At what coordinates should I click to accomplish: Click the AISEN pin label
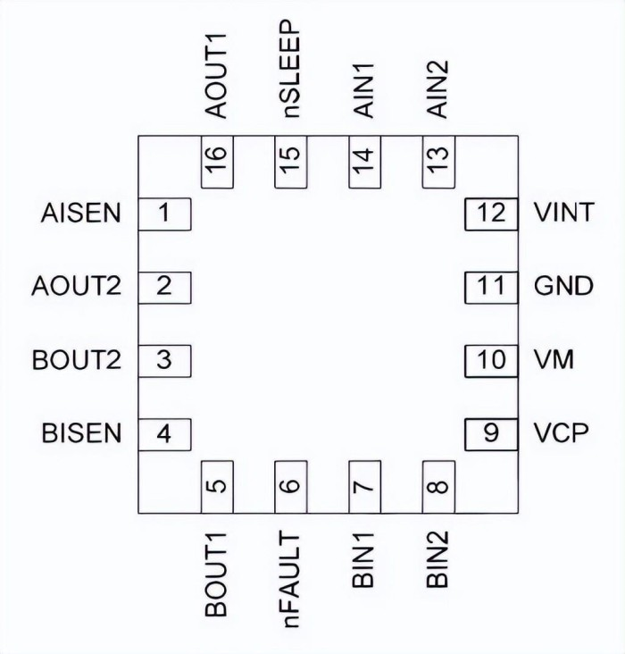[80, 214]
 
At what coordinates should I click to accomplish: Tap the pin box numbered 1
[164, 214]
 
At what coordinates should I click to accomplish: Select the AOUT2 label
[76, 288]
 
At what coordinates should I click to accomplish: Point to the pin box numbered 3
[164, 361]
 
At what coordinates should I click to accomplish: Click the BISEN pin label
[80, 434]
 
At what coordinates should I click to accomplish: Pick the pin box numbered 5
[217, 488]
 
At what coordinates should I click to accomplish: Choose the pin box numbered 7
[364, 488]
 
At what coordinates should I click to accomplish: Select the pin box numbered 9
[491, 434]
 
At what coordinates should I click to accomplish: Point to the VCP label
[561, 434]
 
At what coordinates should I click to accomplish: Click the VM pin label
[554, 361]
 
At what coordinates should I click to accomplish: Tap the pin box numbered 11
[491, 288]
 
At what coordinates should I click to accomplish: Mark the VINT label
[563, 214]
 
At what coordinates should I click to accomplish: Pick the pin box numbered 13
[437, 162]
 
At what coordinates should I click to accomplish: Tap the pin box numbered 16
[217, 162]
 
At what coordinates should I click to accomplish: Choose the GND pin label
[563, 288]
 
